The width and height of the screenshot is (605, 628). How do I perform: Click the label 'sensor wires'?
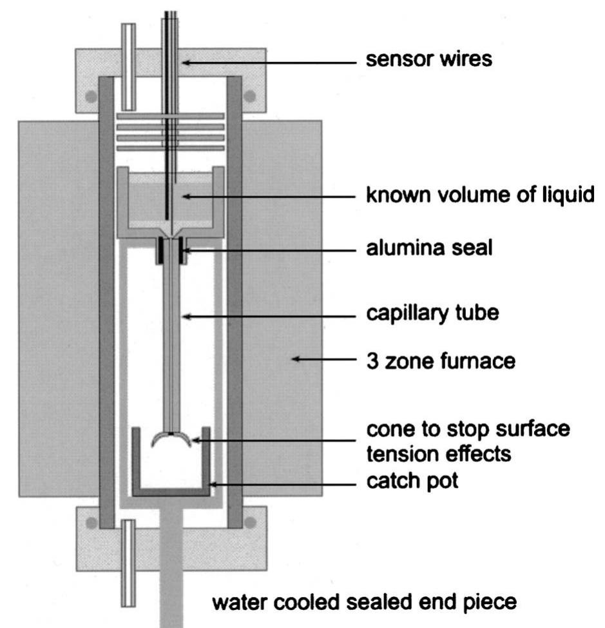click(429, 60)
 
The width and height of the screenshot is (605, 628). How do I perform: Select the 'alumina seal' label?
click(429, 248)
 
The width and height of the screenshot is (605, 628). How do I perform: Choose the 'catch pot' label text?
click(412, 480)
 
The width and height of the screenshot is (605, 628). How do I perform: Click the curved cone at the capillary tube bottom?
click(171, 440)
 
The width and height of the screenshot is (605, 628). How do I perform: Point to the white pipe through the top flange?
click(129, 66)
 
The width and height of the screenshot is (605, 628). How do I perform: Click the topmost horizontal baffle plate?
click(170, 116)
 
